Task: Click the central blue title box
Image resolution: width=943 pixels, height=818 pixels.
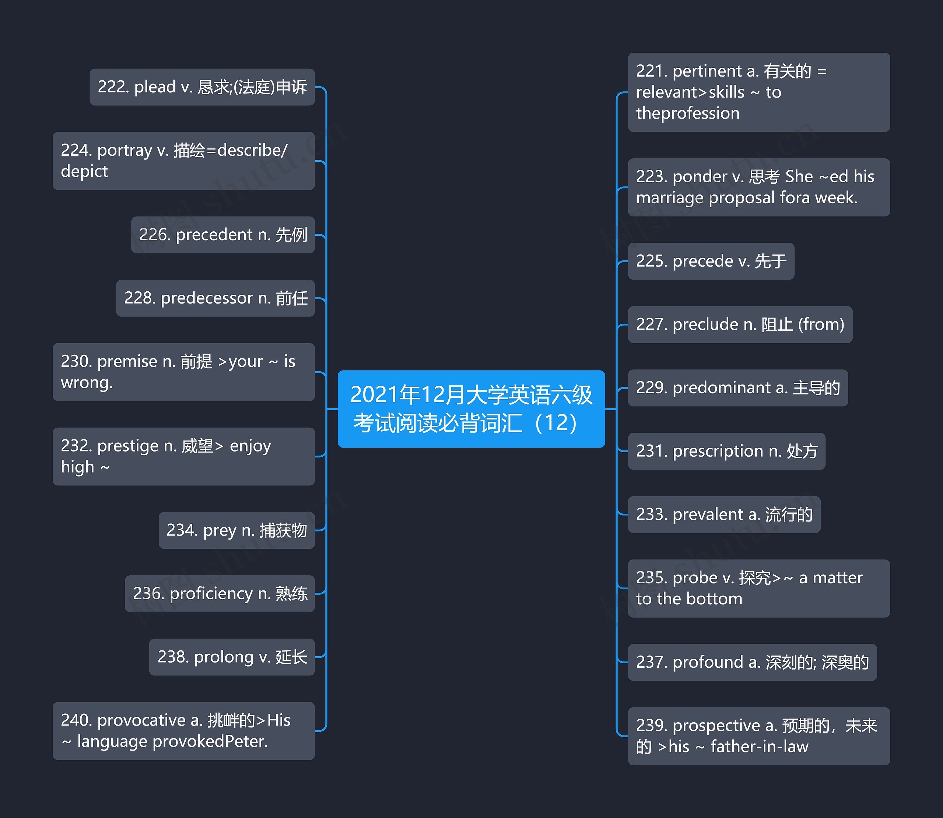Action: pos(471,408)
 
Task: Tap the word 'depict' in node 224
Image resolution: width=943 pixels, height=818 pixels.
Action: pos(84,171)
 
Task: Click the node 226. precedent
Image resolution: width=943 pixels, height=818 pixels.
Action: pos(223,235)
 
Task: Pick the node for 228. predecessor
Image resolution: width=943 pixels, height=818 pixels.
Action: pos(215,298)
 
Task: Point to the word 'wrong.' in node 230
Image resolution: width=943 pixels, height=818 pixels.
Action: pos(87,383)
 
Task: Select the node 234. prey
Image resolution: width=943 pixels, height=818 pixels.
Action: pos(236,530)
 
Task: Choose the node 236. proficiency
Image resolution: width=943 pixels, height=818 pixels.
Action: pos(220,593)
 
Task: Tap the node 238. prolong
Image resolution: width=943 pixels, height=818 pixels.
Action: pos(232,657)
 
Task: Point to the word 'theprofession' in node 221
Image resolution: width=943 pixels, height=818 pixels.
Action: pos(687,113)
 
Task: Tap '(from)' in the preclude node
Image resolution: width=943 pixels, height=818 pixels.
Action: pos(821,324)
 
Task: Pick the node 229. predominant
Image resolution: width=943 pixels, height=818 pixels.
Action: pos(737,387)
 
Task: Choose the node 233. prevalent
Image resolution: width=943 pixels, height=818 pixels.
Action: pos(724,515)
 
